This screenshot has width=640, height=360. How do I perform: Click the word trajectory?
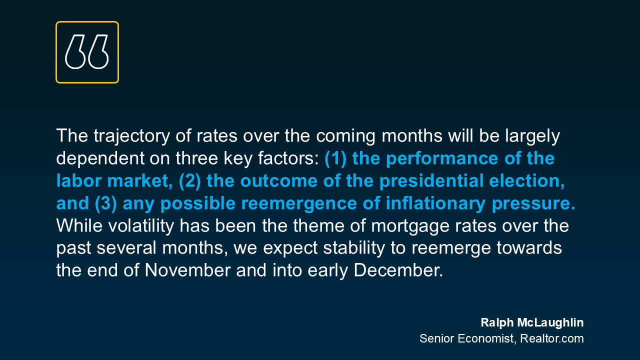131,136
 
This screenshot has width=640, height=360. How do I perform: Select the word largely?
532,136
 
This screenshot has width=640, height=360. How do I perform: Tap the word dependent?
100,158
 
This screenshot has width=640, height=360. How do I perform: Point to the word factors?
288,158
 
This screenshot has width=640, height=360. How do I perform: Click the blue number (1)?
335,158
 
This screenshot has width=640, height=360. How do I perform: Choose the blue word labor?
79,181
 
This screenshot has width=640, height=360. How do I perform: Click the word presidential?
431,181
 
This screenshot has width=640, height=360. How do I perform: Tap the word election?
527,181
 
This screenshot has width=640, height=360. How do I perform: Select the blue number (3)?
105,203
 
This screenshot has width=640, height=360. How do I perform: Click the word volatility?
141,225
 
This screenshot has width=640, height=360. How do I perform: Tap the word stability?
354,247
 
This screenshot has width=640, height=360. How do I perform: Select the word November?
187,270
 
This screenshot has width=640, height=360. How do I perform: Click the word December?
398,270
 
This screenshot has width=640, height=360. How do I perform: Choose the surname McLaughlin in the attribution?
550,323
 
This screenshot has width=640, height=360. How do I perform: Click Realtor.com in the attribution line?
552,338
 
